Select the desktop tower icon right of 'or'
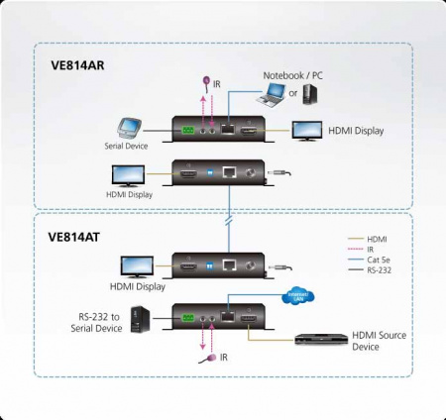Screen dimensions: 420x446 (x=309, y=94)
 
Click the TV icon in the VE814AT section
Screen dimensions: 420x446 (x=136, y=265)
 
